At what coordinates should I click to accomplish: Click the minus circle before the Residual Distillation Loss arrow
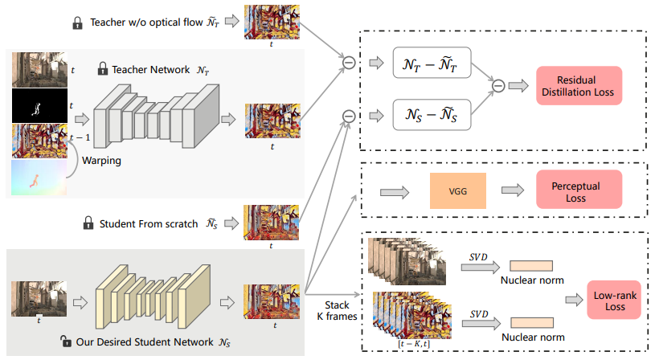point(498,85)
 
